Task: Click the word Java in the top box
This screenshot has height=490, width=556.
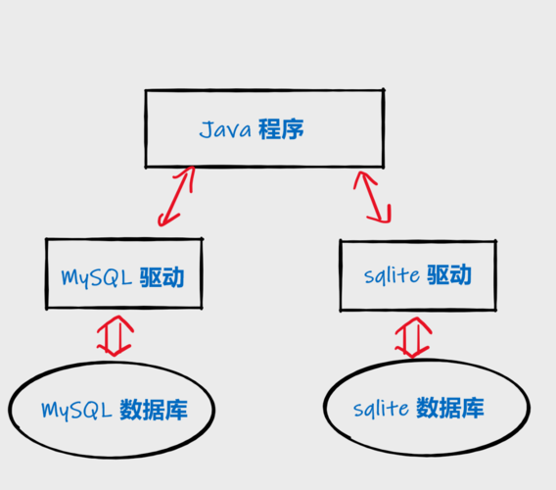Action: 224,129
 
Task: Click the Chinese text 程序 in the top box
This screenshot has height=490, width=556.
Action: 281,129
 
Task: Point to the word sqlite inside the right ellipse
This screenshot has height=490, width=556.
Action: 382,408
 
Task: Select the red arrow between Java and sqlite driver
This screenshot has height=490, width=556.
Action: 373,196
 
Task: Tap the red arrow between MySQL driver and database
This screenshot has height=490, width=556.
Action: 114,334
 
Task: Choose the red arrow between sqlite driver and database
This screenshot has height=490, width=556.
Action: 412,335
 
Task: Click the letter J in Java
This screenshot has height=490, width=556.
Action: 205,129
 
